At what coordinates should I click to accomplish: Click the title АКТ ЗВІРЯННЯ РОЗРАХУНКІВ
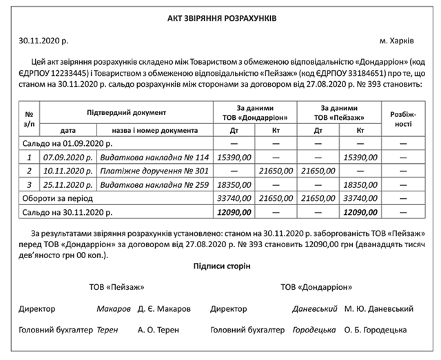(220, 17)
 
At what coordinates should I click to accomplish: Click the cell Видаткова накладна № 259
(144, 185)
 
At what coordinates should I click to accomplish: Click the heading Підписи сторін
(221, 266)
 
